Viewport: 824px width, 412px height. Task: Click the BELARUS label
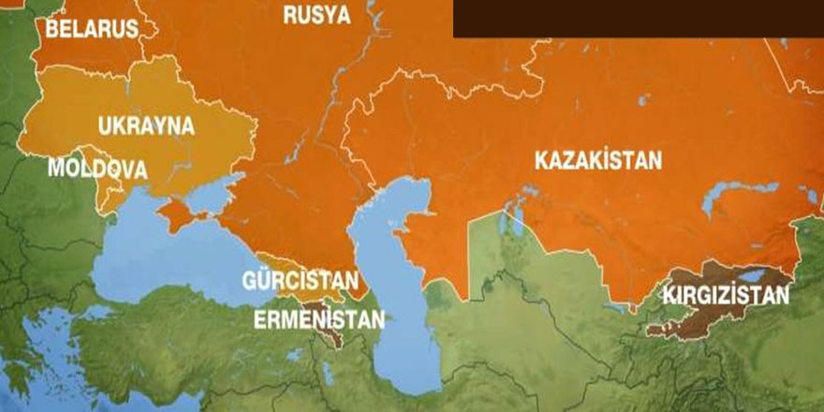(91, 29)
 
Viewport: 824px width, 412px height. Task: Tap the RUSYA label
(316, 14)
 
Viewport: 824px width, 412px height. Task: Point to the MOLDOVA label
(97, 169)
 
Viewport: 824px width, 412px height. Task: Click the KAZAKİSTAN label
(597, 160)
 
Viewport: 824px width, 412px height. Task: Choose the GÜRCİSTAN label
(300, 281)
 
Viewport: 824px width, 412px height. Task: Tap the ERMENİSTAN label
(319, 319)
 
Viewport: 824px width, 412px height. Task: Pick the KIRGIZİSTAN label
(725, 296)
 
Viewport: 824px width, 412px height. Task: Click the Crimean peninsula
(172, 214)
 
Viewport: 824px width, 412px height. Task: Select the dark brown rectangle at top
(637, 18)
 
